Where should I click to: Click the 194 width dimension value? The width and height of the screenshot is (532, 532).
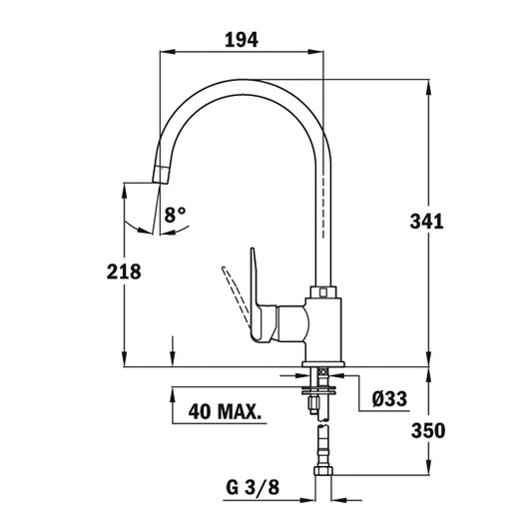coord(243,40)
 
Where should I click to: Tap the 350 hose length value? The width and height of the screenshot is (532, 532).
coord(427,430)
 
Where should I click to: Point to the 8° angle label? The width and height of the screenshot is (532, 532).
coord(177,214)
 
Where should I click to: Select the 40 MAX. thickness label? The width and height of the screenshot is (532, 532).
coord(226,410)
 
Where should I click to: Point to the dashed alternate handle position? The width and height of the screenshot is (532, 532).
coord(236,294)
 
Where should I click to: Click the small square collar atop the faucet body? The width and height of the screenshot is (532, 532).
coord(325,292)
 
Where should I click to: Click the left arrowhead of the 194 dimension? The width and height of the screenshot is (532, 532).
coord(167,51)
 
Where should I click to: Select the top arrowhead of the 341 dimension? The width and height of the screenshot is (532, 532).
coord(430,84)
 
